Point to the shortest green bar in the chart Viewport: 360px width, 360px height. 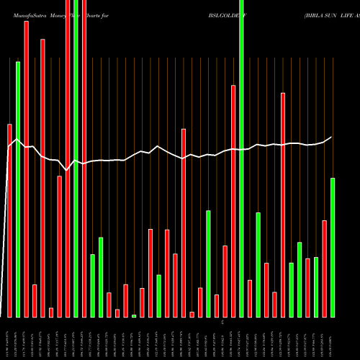point(134,315)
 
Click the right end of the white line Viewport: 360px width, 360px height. point(331,137)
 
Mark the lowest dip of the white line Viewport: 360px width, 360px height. point(67,170)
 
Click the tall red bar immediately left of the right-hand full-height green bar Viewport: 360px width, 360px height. point(233,201)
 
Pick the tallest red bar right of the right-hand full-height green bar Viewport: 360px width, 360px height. point(283,204)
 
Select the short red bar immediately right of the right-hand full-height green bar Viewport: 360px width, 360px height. point(250,298)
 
